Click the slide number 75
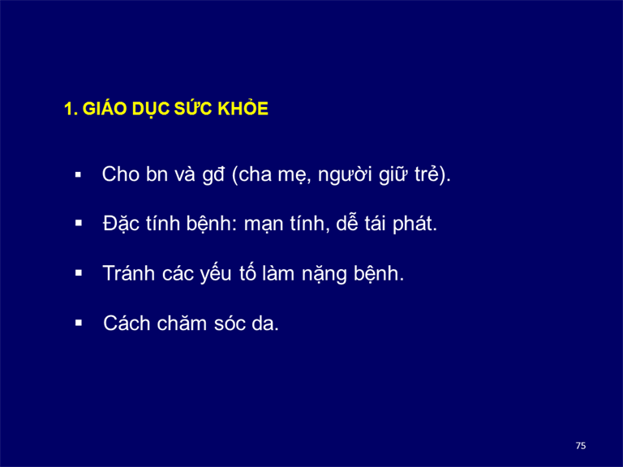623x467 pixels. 581,446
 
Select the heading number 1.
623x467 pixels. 71,109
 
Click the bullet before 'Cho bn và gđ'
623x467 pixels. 78,174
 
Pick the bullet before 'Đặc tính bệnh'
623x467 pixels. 78,223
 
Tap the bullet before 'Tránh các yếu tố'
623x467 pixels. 78,272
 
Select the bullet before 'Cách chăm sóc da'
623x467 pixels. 78,323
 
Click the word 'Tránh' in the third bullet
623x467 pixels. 129,273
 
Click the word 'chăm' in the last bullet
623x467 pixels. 182,323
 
